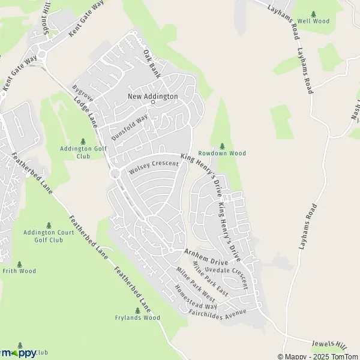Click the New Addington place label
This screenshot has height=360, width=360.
tap(152, 96)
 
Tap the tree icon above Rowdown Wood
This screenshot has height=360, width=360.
tap(222, 145)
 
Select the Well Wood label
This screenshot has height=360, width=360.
tap(313, 21)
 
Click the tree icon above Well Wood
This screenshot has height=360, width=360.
tap(313, 13)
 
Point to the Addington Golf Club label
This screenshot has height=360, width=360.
tap(83, 152)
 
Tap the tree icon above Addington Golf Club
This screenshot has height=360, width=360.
tap(83, 141)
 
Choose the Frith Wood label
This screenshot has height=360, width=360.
tap(19, 271)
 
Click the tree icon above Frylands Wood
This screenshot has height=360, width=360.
tap(137, 310)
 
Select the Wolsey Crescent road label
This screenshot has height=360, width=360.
tap(154, 167)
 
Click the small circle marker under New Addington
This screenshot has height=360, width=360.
tap(153, 102)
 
